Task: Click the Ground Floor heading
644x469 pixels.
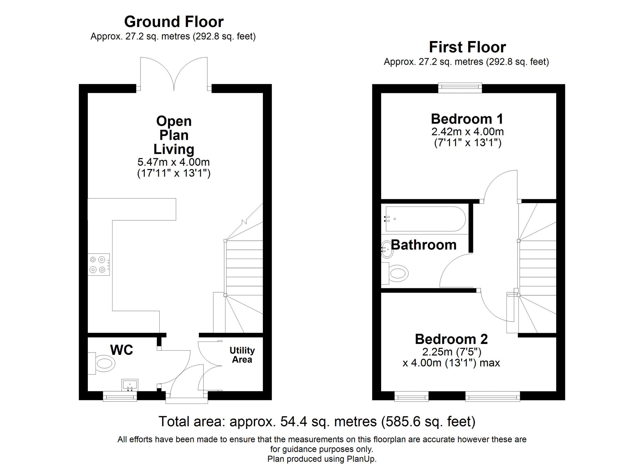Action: click(174, 22)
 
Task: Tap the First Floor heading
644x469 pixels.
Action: click(467, 47)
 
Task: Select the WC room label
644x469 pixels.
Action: click(122, 350)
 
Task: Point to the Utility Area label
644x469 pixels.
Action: click(242, 355)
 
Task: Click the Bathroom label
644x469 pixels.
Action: click(424, 245)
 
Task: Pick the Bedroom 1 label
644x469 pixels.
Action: click(467, 119)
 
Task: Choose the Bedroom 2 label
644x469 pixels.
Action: click(451, 339)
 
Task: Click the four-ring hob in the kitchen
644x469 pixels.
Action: click(99, 264)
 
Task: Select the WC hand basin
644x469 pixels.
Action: click(130, 385)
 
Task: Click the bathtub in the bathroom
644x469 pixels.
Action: click(425, 219)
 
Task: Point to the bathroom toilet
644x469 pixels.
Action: click(395, 273)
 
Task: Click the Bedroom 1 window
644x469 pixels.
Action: click(460, 88)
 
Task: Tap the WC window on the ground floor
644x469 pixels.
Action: click(120, 396)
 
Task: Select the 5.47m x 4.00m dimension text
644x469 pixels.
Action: click(174, 162)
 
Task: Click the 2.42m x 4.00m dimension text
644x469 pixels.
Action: click(467, 131)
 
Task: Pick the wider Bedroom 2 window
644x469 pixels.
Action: click(492, 396)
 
